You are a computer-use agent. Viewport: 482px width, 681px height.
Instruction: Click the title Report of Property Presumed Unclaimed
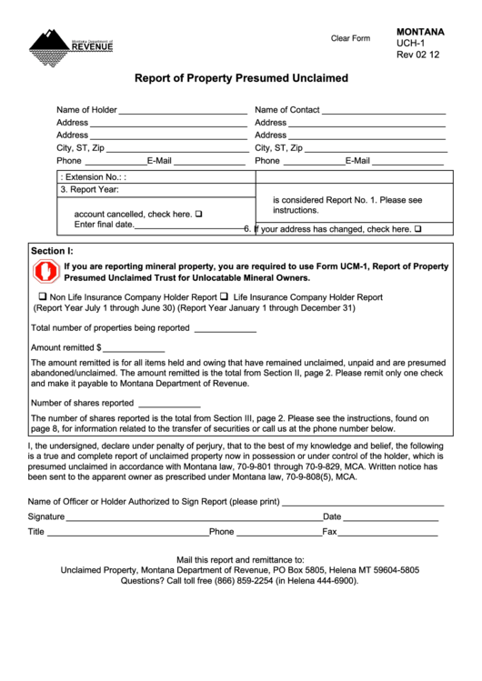tap(241, 79)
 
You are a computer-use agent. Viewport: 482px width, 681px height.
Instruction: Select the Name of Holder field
tap(183, 110)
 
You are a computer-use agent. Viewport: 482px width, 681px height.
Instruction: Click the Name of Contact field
tap(384, 110)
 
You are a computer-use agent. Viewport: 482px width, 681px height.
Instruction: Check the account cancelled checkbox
tap(198, 215)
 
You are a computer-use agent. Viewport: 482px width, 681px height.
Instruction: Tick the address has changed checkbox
tap(417, 230)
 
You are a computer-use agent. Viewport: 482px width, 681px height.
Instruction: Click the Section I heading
tap(52, 250)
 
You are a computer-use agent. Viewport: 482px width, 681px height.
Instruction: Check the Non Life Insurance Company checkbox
tap(42, 296)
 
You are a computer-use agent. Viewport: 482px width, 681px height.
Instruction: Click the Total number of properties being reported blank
tap(225, 328)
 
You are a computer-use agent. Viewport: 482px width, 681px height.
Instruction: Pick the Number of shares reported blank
tap(168, 403)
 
